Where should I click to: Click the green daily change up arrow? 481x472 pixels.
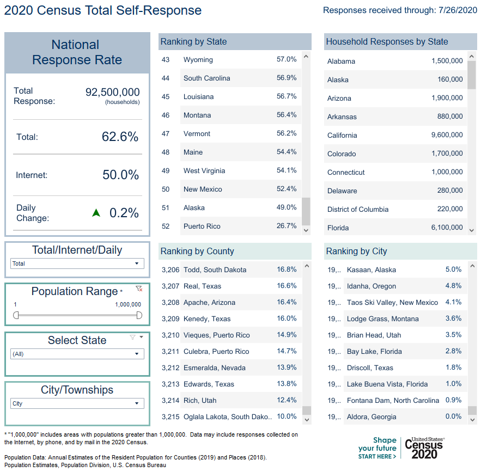coord(96,213)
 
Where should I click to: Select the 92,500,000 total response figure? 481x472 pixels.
coord(112,93)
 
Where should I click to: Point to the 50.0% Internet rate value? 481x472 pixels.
coord(120,175)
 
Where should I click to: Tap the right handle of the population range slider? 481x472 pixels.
coord(139,315)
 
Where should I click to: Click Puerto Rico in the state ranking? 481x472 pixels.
coord(202,226)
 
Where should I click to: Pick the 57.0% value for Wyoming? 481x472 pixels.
coord(287,59)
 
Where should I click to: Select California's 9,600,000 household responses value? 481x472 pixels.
coord(447,135)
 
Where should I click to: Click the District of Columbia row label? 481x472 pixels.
coord(358,209)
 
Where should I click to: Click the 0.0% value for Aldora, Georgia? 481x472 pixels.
coord(453,416)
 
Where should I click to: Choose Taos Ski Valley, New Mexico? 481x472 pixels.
coord(392,302)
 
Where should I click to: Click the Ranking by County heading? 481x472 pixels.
coord(197,251)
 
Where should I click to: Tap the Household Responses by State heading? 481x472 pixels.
coord(387,41)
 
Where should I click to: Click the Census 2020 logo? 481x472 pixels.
coord(424,448)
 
